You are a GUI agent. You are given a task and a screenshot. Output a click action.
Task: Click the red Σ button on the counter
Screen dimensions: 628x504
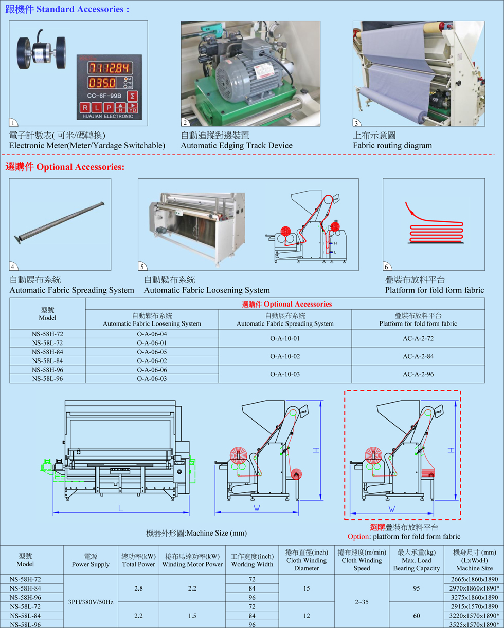[132, 96]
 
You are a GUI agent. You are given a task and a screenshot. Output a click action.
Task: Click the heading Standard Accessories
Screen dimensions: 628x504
[83, 9]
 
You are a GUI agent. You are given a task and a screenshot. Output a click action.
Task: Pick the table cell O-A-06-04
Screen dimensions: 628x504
[152, 334]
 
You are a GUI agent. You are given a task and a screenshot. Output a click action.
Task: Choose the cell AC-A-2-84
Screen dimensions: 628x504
[418, 356]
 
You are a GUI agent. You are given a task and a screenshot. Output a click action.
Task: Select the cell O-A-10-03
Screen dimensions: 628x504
[285, 374]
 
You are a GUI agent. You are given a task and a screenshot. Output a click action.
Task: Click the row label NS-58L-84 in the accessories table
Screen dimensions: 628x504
[47, 360]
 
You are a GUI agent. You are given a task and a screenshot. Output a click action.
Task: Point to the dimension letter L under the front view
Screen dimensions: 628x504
[120, 507]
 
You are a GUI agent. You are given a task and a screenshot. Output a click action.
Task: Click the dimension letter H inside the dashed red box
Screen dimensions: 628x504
[451, 450]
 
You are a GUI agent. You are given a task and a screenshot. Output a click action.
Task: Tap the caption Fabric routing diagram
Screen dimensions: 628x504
[392, 145]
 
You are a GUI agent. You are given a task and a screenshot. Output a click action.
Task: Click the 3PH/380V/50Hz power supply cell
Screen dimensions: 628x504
[90, 601]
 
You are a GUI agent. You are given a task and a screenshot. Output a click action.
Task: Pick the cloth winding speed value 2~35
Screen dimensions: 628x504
[361, 601]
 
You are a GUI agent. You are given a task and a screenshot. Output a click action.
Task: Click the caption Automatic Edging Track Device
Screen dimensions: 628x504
[237, 145]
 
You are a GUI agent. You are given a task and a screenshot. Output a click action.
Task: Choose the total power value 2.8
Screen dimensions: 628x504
[138, 588]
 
